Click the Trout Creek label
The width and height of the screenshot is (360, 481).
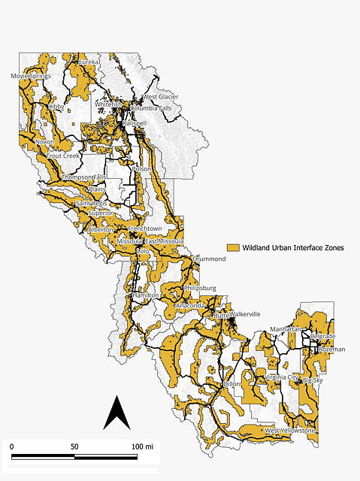click(x=62, y=156)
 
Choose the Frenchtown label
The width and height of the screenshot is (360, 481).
click(x=144, y=228)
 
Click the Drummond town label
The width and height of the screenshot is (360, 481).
click(x=208, y=259)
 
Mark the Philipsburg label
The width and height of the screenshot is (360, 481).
click(x=200, y=287)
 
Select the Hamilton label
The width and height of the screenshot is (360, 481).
click(x=145, y=295)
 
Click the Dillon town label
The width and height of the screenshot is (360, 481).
click(x=232, y=383)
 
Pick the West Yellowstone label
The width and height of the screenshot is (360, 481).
click(x=289, y=431)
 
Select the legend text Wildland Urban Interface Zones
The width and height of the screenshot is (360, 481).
click(x=292, y=247)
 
